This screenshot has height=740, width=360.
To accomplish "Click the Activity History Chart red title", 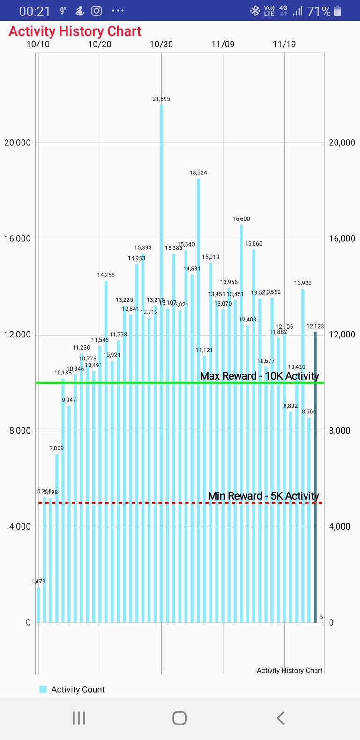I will (75, 31).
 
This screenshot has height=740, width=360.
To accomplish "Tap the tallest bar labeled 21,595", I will (161, 328).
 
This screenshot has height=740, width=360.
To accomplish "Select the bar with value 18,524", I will (198, 375).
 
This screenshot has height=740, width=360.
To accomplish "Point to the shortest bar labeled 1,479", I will (38, 605).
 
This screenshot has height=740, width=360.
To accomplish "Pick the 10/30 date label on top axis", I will (161, 45).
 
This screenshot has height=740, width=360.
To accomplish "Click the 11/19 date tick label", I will (284, 45).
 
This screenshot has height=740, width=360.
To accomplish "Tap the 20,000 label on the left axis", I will (17, 142).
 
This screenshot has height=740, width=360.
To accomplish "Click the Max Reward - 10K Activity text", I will (259, 376).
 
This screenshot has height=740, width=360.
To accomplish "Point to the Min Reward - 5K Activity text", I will (263, 496).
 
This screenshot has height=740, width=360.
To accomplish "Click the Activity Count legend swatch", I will (43, 689).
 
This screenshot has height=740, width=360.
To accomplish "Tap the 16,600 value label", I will (241, 219).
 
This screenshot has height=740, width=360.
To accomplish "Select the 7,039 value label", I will (57, 448).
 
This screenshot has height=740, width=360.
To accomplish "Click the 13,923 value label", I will (303, 283).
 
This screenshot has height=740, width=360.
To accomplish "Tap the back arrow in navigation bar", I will (280, 718).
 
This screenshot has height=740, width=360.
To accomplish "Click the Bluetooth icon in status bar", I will (255, 11).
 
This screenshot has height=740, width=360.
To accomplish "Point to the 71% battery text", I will (319, 11).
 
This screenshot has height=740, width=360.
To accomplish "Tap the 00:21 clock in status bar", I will (34, 11).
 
